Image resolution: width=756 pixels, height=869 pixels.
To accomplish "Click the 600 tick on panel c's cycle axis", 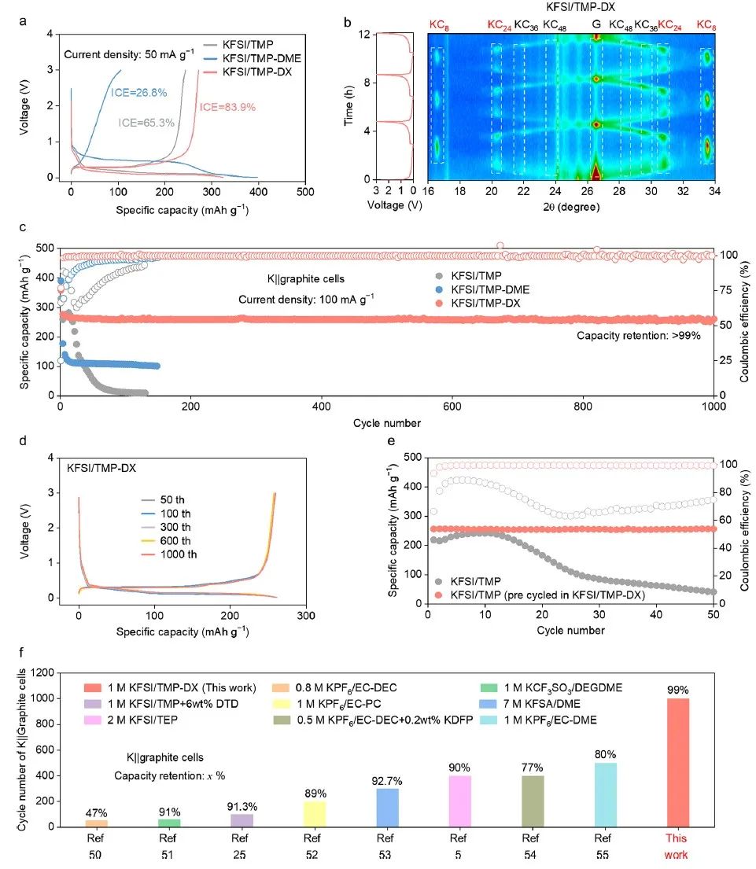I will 452,407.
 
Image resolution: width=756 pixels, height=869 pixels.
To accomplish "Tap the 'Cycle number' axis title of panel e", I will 571,630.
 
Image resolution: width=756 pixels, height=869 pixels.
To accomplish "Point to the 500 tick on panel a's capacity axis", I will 305,191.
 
